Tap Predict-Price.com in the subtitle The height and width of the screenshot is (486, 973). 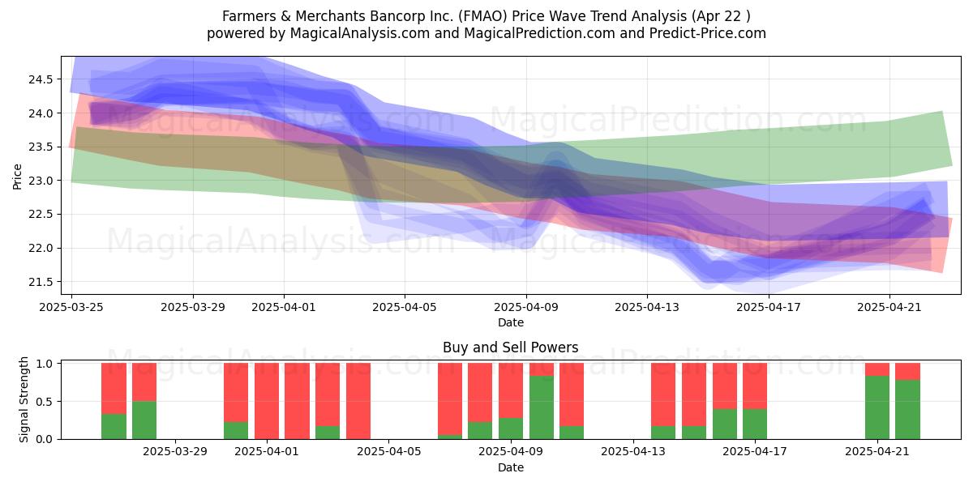pos(708,33)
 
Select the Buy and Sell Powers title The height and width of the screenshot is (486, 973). pos(510,347)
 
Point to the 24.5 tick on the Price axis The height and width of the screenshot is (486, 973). pos(41,79)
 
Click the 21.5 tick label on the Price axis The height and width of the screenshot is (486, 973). pos(41,282)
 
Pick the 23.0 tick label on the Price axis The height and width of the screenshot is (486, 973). pos(41,181)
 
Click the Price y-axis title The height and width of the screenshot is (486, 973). pos(17,177)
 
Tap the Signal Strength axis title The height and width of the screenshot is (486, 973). pos(24,399)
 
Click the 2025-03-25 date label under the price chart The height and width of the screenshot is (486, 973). pos(71,307)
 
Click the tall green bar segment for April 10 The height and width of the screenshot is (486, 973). pos(542,407)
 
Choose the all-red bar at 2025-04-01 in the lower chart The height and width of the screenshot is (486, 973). pos(267,401)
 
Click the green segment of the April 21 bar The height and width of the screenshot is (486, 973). pos(877,407)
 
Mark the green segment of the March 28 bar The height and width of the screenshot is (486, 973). pos(144,420)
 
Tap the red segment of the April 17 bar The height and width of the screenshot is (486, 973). pos(755,386)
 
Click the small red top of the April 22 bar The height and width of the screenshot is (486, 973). pos(908,372)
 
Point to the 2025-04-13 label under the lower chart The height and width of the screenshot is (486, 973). pos(633,452)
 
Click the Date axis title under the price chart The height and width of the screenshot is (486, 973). pos(510,322)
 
